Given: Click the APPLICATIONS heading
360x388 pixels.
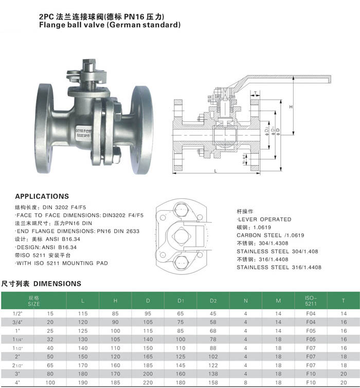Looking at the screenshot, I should [x=42, y=196].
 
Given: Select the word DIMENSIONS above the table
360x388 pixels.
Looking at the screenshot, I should [x=57, y=283].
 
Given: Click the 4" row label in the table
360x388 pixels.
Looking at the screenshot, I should [x=17, y=383].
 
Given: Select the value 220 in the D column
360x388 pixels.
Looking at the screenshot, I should [x=148, y=383].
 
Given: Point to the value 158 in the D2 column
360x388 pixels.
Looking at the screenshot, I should [x=213, y=383].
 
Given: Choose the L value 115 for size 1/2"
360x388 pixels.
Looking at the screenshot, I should [x=83, y=313].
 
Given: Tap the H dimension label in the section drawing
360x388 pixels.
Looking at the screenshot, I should [x=291, y=107].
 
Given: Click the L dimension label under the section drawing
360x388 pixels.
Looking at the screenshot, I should [x=214, y=170].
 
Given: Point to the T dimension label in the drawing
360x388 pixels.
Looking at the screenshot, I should [x=256, y=93].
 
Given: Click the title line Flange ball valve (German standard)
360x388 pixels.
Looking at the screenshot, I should [x=110, y=24].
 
